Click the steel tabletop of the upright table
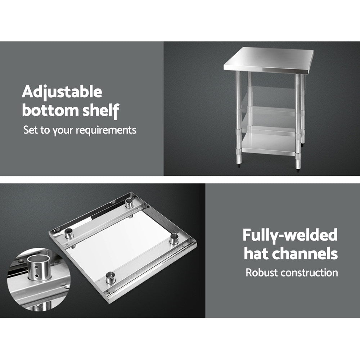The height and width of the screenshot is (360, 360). [x=268, y=59]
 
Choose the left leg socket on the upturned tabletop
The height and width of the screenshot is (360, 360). [x=69, y=234]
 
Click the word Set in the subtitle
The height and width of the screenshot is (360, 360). [x=31, y=130]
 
